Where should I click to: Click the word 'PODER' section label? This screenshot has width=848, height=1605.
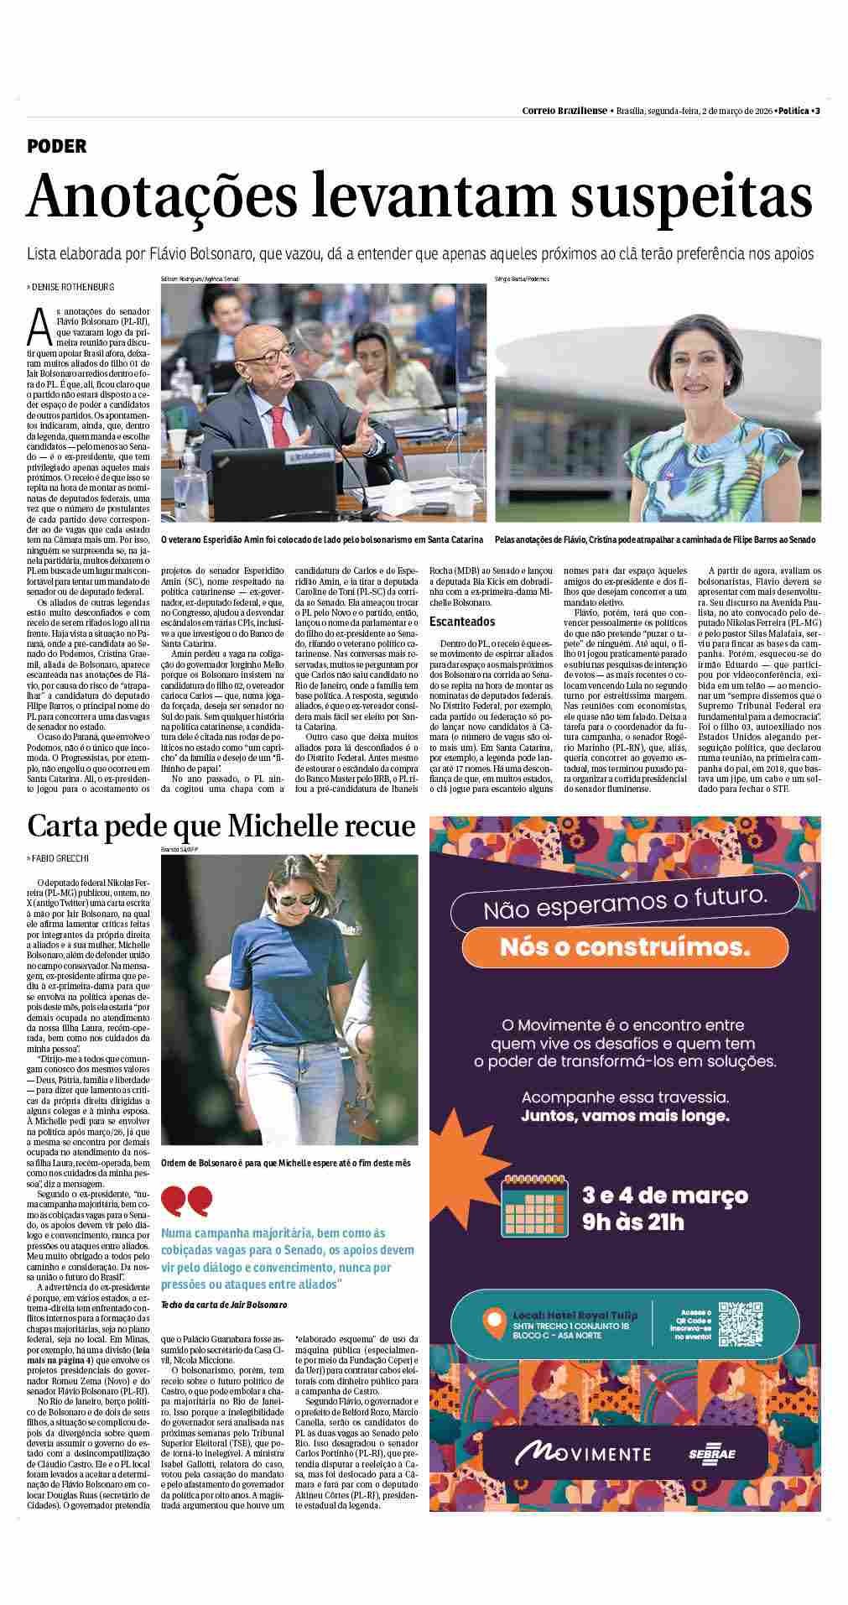tap(57, 146)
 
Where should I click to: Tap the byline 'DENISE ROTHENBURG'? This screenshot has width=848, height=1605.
tap(73, 287)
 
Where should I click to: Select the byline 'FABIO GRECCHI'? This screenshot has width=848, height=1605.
tap(64, 857)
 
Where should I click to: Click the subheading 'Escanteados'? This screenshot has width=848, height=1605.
tap(461, 622)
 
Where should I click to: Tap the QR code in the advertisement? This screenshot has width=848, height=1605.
tap(741, 1324)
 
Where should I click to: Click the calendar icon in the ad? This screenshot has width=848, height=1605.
tap(535, 1206)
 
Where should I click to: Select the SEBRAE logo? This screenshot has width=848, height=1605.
tap(711, 1452)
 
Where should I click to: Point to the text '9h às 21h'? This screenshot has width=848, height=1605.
tap(633, 1221)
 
